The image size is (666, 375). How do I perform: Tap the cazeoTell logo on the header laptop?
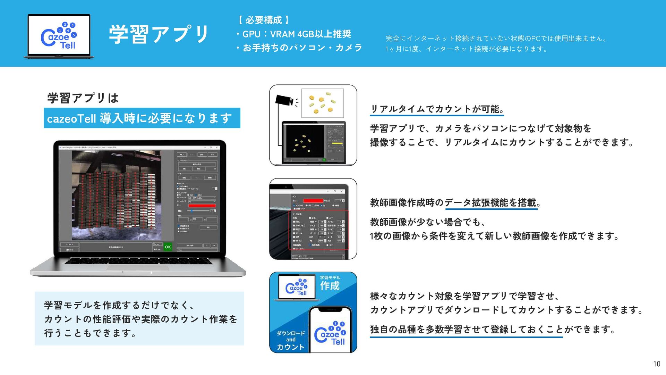click(59, 36)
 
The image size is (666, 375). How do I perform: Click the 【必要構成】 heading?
click(264, 20)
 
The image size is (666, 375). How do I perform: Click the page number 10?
click(657, 364)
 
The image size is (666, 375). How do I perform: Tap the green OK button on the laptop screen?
click(168, 247)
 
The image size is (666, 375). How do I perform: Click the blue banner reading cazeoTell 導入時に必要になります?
click(142, 118)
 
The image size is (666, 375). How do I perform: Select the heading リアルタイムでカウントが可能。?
click(437, 109)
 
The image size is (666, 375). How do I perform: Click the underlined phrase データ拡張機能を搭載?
click(491, 203)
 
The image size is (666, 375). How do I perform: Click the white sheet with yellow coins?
click(322, 103)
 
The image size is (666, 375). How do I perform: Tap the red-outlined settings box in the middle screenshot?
click(318, 230)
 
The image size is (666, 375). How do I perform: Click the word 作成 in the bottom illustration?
click(330, 286)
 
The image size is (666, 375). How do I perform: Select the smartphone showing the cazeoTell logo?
click(331, 330)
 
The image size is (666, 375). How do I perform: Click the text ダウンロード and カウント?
click(291, 340)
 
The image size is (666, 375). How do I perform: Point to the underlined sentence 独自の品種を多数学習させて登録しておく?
click(466, 330)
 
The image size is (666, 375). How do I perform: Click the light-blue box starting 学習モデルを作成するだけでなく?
click(139, 318)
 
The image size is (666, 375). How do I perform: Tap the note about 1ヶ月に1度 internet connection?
click(467, 49)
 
